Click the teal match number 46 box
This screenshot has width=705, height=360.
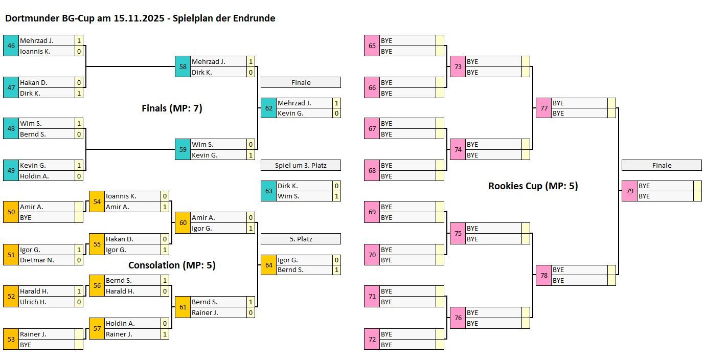[11, 46]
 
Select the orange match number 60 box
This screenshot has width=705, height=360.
[183, 222]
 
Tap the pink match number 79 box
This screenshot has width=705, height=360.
[629, 191]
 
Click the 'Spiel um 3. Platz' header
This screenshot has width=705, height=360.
[301, 165]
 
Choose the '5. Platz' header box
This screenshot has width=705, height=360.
[301, 239]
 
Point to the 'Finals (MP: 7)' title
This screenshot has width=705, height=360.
[172, 108]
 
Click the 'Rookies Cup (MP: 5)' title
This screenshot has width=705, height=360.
[533, 186]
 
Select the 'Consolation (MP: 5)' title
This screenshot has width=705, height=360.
[172, 265]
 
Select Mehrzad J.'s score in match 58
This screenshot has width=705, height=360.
[251, 62]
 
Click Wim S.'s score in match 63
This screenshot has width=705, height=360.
[336, 196]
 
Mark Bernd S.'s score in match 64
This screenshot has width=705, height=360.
[336, 270]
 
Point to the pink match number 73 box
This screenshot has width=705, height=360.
[458, 67]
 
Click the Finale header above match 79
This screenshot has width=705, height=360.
[662, 165]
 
